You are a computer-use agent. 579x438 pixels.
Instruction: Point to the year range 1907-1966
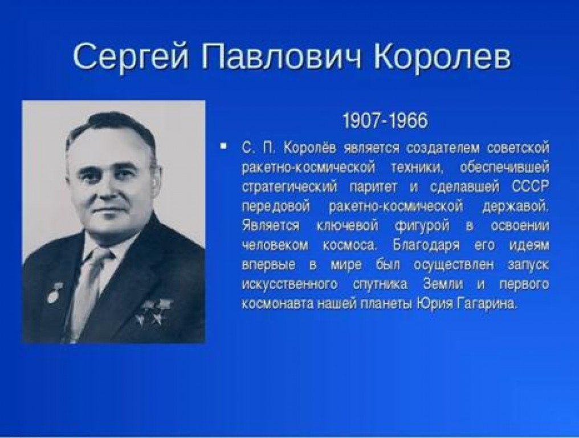[x=385, y=120]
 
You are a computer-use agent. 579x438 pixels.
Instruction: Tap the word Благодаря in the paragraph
[x=426, y=245]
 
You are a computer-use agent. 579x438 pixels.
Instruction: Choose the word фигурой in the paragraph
[x=422, y=226]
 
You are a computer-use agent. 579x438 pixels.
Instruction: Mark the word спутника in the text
[x=380, y=285]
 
